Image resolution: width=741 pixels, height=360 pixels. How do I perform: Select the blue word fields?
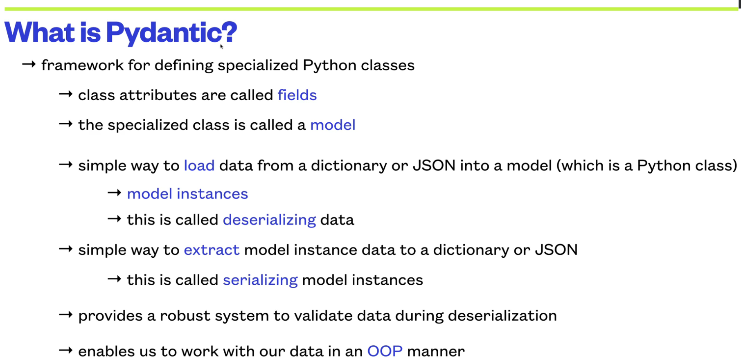click(x=297, y=95)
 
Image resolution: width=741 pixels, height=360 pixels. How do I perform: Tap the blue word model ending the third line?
click(x=333, y=125)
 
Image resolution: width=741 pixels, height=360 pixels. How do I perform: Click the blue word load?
click(x=199, y=165)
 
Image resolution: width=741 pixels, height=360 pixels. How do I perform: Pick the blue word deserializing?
click(x=269, y=220)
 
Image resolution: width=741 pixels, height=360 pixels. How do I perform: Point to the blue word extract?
click(x=212, y=250)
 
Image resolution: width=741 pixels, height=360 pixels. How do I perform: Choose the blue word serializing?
click(x=260, y=280)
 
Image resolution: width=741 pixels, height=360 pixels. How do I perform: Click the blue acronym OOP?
click(x=385, y=351)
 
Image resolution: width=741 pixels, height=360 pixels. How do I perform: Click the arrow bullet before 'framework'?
click(x=29, y=64)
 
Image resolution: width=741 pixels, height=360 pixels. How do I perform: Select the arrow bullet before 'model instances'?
click(x=114, y=193)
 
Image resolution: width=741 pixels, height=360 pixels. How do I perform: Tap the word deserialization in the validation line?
click(x=502, y=316)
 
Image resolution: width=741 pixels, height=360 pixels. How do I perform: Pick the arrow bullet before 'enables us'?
click(x=65, y=350)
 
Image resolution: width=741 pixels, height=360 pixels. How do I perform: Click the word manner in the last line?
click(x=436, y=351)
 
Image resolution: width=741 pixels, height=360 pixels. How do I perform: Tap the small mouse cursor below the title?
click(x=221, y=47)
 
